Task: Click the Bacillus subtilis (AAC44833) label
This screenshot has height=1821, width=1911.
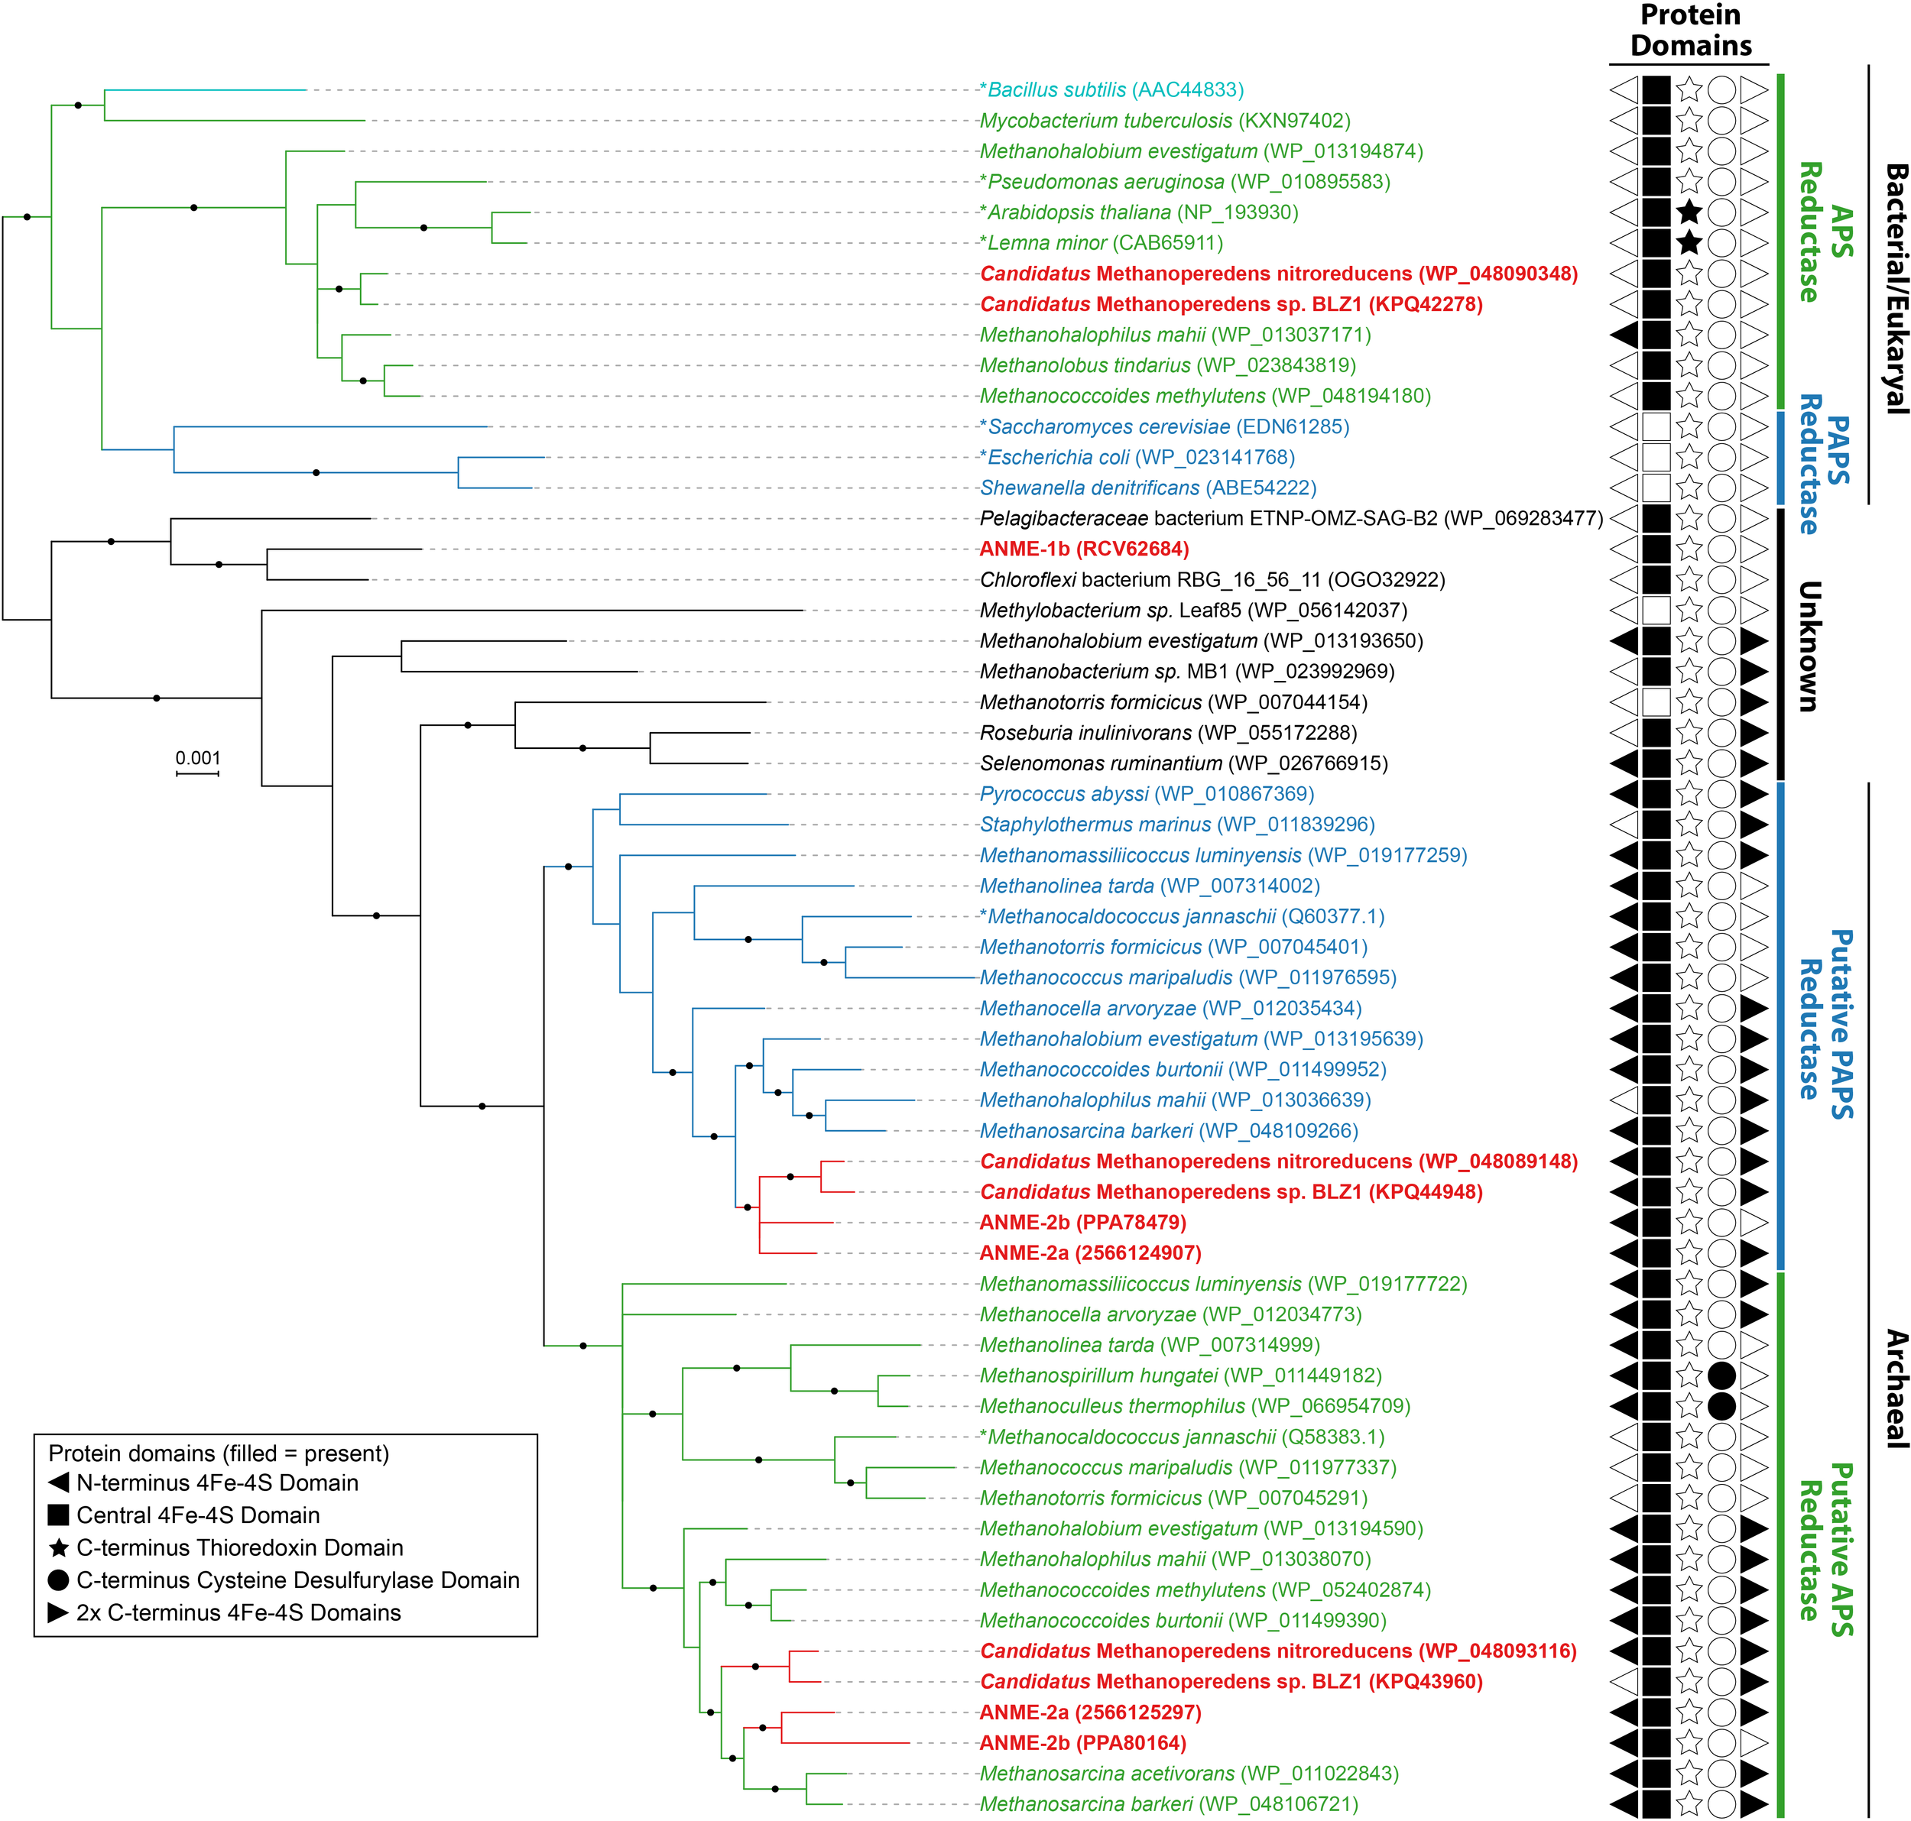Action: pos(1112,90)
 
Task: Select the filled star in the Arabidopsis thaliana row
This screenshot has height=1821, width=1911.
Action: pos(1689,212)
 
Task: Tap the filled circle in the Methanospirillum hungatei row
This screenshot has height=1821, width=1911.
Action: pos(1721,1375)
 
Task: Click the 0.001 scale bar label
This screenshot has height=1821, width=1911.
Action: pos(198,758)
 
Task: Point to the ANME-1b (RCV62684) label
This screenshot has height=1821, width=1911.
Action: pos(1084,549)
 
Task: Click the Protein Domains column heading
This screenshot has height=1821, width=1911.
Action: pos(1691,31)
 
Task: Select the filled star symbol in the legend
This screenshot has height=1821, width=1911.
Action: pos(58,1547)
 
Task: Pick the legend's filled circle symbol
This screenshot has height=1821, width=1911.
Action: pos(58,1580)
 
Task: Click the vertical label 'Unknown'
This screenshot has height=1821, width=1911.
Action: pos(1808,646)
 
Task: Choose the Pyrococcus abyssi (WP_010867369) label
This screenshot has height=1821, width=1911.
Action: pos(1147,794)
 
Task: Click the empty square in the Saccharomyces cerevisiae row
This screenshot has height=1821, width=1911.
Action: pos(1656,426)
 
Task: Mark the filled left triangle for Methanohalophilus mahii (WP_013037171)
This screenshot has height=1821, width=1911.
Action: pos(1624,335)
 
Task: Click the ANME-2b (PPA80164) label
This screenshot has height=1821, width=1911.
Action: pos(1082,1742)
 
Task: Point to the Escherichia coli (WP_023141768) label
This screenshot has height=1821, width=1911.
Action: pos(1137,457)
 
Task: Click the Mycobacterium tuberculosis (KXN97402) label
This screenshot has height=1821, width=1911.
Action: pos(1164,122)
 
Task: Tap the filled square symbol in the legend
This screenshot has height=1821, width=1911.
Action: pos(58,1515)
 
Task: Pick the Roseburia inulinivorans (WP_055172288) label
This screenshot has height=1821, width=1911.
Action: pos(1168,733)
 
